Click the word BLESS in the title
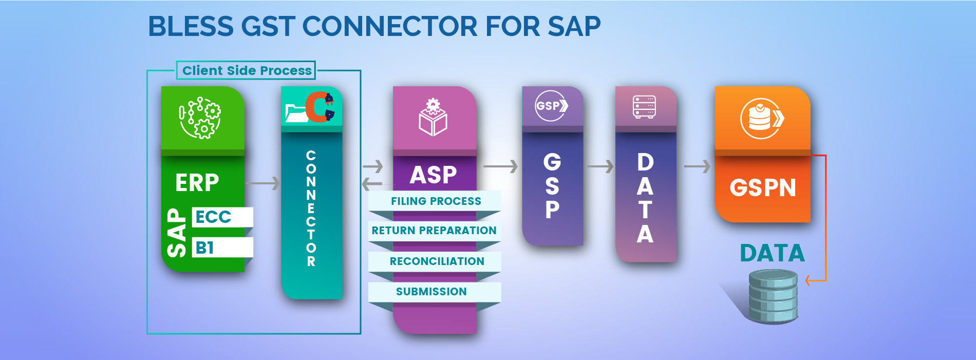tap(191, 27)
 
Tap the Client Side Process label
tap(247, 70)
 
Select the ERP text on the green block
tap(197, 183)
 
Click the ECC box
tap(222, 217)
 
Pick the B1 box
tap(222, 248)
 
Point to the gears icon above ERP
tap(200, 118)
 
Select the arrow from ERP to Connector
tap(262, 183)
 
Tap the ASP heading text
tap(433, 175)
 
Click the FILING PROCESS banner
tap(435, 201)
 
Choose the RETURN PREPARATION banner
tap(434, 231)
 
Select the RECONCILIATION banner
tap(436, 261)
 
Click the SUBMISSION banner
tap(431, 291)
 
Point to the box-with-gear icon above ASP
tap(433, 118)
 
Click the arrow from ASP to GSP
tap(500, 166)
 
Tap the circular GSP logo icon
tap(551, 106)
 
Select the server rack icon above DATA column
tap(644, 107)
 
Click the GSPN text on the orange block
tap(763, 188)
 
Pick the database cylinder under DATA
tap(773, 296)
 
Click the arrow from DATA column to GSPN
tap(697, 166)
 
